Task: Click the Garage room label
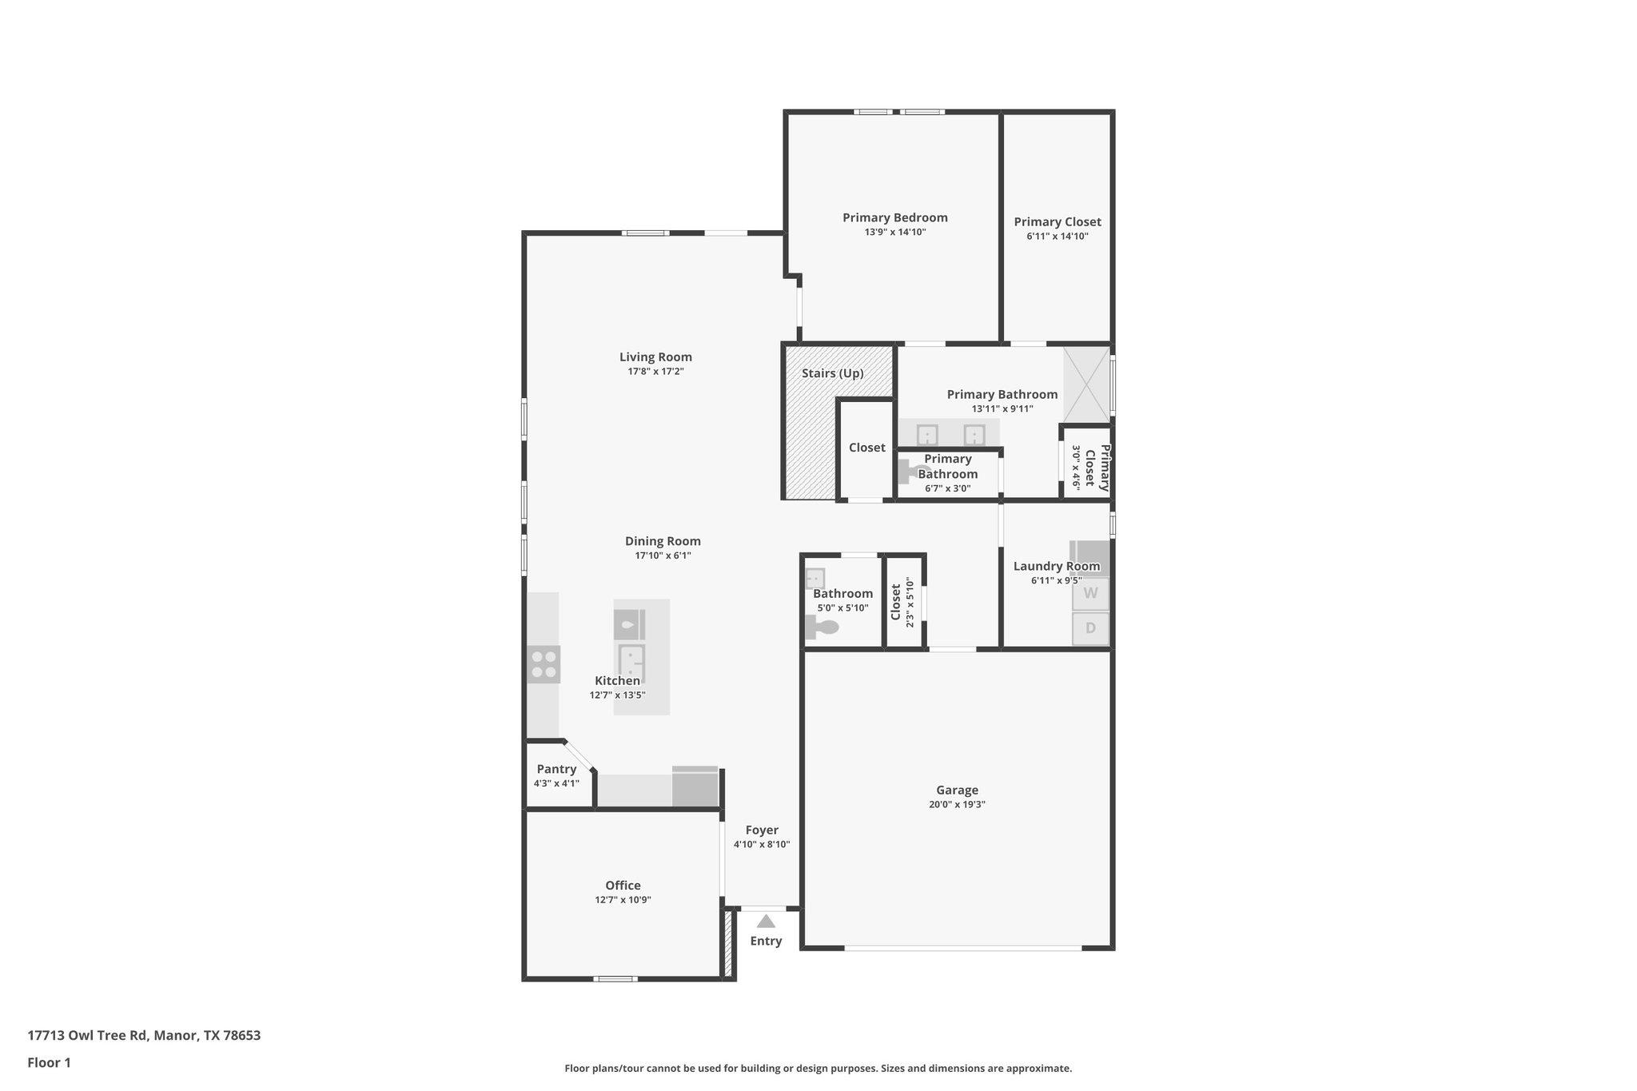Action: pos(957,790)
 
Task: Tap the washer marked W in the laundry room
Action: pos(1090,594)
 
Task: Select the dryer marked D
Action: pos(1090,628)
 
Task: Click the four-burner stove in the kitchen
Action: pos(544,664)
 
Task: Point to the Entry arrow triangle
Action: pos(766,922)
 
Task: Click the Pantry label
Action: pos(556,769)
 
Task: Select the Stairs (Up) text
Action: pos(832,373)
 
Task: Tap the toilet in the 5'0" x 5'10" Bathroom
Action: pos(822,627)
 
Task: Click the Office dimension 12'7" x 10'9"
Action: pos(623,900)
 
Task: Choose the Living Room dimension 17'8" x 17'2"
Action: pos(655,372)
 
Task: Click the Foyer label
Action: pos(762,830)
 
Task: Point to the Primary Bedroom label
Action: pos(894,217)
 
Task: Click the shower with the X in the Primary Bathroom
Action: pos(1086,384)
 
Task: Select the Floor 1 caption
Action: pos(49,1063)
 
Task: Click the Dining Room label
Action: pos(663,541)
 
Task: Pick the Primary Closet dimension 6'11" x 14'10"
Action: pos(1057,237)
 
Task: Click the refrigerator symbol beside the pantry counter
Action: pos(695,786)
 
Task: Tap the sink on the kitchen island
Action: pos(631,662)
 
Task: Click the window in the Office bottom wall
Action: pos(615,978)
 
